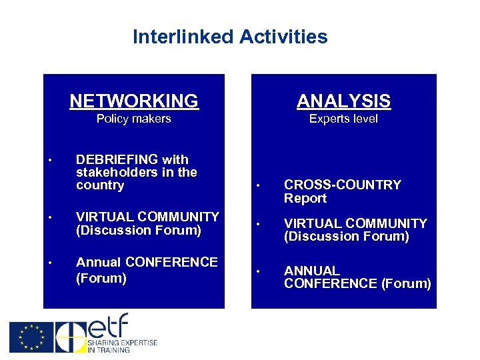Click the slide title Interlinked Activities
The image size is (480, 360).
pos(230,36)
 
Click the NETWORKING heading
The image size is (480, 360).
pos(134,101)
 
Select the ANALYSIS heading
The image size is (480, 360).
pos(343,101)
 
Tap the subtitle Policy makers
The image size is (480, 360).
pos(133,119)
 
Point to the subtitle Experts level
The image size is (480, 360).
pos(343,119)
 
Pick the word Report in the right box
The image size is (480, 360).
pos(305,198)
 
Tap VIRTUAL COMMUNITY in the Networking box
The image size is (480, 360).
pos(147,217)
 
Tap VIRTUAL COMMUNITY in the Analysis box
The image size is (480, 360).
pos(355,223)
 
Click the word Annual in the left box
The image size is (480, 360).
pos(99,262)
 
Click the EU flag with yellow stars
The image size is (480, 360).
pos(31,337)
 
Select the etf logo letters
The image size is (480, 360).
pos(107,326)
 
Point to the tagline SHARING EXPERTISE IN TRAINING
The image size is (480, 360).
pos(123,346)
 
